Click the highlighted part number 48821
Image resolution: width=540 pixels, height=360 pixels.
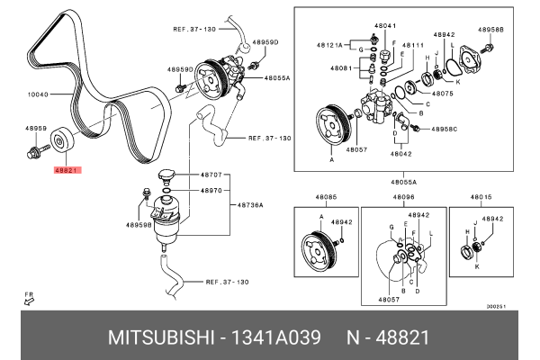tap(67, 169)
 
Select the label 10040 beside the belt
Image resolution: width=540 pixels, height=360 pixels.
tap(39, 92)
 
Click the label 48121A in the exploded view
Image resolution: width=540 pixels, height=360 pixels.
tap(329, 44)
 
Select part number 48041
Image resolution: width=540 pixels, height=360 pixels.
tap(384, 26)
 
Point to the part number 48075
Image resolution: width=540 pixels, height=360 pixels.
tap(442, 93)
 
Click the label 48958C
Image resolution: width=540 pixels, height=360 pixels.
tap(441, 130)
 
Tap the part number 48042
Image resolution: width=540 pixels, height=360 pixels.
tap(400, 154)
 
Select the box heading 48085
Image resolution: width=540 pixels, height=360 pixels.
tap(326, 197)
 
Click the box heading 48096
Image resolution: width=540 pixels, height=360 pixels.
tap(403, 197)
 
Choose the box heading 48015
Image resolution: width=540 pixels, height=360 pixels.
tap(482, 197)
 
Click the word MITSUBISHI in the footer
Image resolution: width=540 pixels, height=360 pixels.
tap(158, 337)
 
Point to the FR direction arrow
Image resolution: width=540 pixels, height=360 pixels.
tap(29, 301)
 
